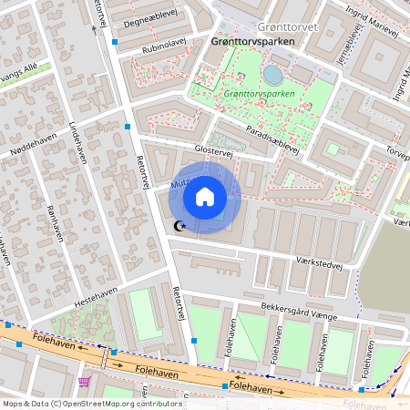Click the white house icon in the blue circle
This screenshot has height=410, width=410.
pyautogui.click(x=205, y=197)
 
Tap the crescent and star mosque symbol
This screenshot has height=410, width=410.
pyautogui.click(x=179, y=225)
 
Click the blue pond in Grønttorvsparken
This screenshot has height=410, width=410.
pyautogui.click(x=272, y=74)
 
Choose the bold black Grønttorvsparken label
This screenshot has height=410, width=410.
pyautogui.click(x=255, y=42)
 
